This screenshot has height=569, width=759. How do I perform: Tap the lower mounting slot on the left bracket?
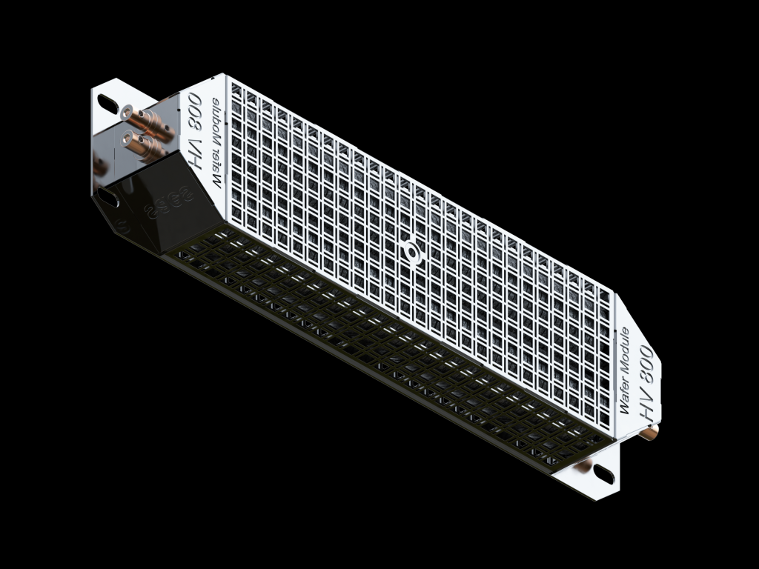pyautogui.click(x=110, y=198)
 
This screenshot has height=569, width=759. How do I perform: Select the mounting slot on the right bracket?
pyautogui.click(x=603, y=475)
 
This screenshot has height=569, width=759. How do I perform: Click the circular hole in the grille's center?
pyautogui.click(x=410, y=251)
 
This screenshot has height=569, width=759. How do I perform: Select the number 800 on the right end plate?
pyautogui.click(x=644, y=359)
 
